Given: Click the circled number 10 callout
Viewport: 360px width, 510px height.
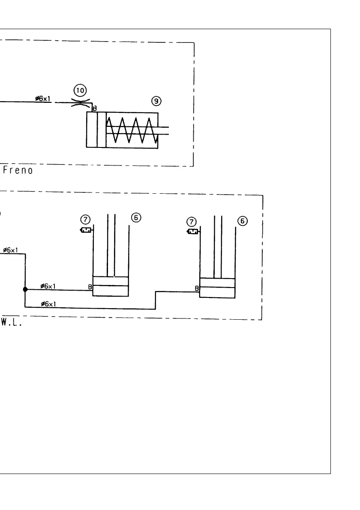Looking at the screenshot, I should (x=80, y=90).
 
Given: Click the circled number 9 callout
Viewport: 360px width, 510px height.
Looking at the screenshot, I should (x=156, y=101).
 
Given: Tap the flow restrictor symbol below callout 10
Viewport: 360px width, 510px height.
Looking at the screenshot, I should (x=80, y=102).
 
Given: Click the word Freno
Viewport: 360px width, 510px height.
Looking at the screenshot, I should (x=18, y=170).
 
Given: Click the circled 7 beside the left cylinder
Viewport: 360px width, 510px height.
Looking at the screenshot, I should (x=86, y=220).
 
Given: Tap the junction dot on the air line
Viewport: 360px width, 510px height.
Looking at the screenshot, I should (x=25, y=289).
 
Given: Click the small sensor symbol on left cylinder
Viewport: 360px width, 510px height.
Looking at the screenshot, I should (x=86, y=231).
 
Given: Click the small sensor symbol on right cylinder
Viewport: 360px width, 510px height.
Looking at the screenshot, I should (x=193, y=232).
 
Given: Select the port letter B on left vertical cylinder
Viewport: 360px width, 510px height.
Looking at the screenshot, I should (x=90, y=287).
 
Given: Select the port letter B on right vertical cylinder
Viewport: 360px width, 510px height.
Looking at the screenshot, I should (x=197, y=288).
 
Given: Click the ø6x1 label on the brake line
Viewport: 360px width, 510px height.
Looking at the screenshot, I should (x=43, y=99).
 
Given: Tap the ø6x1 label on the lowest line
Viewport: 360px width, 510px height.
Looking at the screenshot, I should (x=48, y=304).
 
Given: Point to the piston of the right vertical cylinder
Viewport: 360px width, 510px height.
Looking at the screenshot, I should (x=217, y=283).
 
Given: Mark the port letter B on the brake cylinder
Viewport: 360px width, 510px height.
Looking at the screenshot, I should (x=95, y=108).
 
